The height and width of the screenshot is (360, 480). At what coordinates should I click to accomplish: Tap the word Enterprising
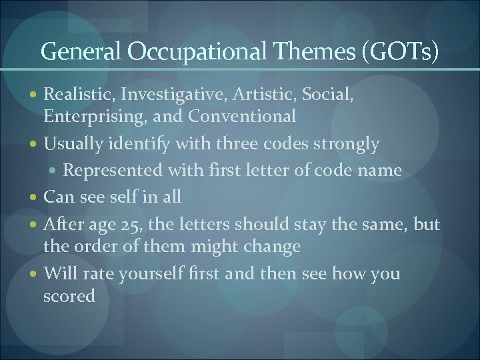point(84,116)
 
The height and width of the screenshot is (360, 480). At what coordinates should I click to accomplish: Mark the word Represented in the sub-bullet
point(110,171)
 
